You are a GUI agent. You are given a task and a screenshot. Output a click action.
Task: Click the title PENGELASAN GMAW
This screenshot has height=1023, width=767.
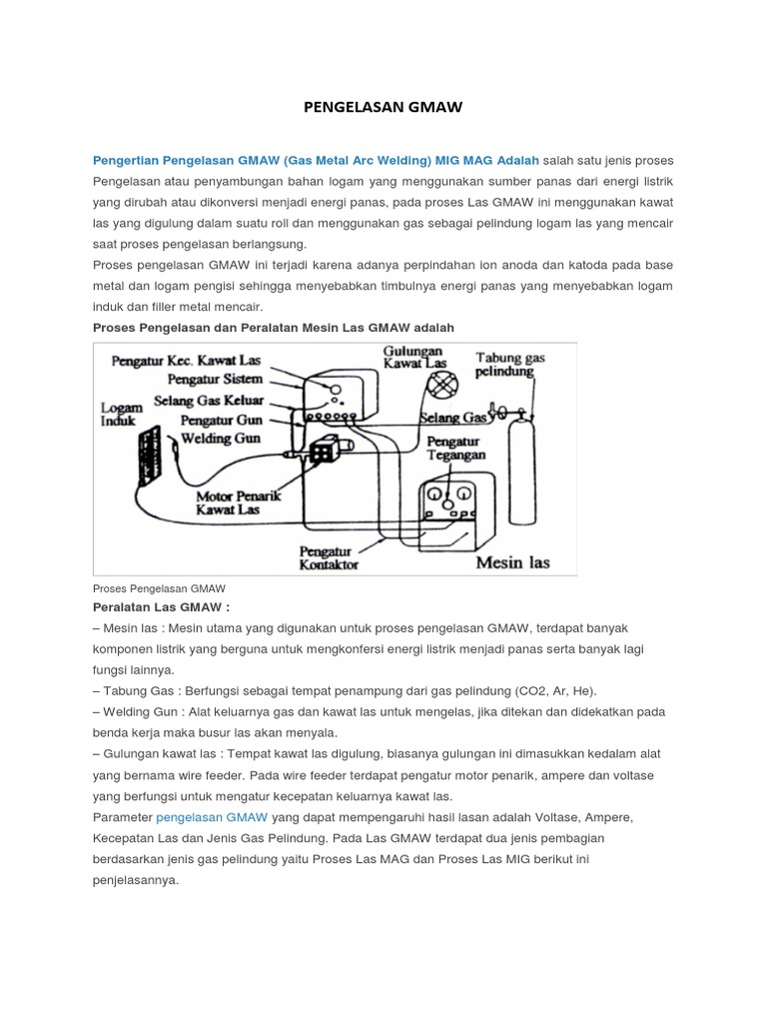click(x=383, y=107)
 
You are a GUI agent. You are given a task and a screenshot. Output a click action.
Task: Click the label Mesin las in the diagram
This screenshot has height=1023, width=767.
click(x=512, y=561)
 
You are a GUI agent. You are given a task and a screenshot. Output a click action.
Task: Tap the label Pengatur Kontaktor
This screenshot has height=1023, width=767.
click(x=330, y=555)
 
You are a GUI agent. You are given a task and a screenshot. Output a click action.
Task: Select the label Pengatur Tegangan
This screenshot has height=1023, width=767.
click(x=455, y=448)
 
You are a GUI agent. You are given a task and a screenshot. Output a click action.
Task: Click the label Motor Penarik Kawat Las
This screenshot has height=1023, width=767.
click(x=228, y=502)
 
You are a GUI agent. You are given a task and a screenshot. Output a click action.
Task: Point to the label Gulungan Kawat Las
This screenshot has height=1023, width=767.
click(x=415, y=357)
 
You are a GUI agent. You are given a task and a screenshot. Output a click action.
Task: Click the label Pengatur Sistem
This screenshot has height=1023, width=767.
click(x=217, y=379)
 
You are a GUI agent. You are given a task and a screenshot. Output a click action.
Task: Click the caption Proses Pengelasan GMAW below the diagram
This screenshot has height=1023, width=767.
click(x=159, y=588)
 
